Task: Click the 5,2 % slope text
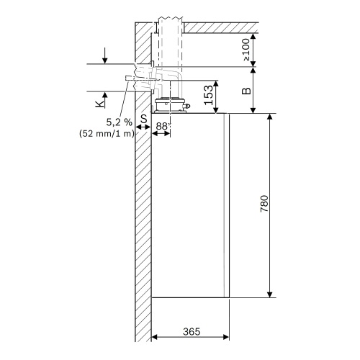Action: click(118, 122)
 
